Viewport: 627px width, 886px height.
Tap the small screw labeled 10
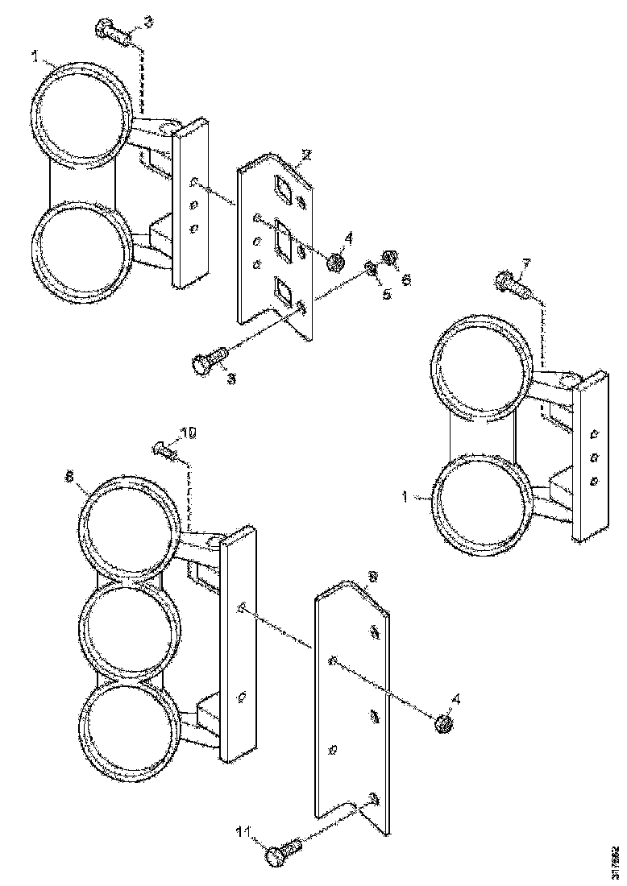click(x=165, y=449)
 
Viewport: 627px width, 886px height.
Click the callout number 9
click(x=372, y=578)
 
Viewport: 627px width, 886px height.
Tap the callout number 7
click(x=525, y=263)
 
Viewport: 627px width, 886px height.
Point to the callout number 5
click(x=387, y=295)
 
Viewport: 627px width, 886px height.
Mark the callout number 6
click(x=406, y=279)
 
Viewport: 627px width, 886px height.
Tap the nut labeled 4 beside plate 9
click(x=442, y=723)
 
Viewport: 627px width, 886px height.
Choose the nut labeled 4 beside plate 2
click(x=336, y=261)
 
